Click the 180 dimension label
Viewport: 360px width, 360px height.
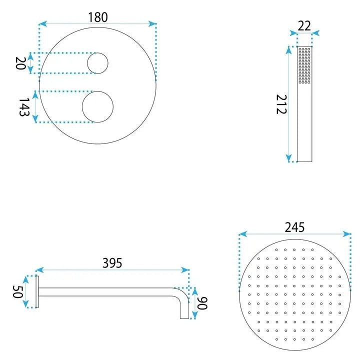coord(98,17)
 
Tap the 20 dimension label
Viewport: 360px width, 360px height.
coord(20,63)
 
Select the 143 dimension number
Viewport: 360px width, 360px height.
coord(24,107)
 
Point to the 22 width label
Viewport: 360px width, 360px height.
coord(304,26)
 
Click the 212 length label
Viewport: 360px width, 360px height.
coord(281,104)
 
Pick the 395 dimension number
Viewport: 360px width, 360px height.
coord(112,263)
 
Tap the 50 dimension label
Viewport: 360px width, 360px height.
coord(17,291)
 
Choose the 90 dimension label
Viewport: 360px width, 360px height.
coord(202,303)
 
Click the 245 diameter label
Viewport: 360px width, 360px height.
coord(294,227)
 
